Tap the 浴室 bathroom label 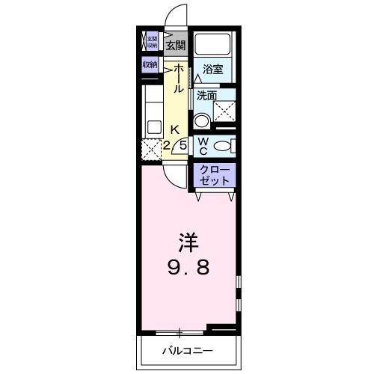212,70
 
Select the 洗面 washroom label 206,95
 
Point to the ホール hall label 180,79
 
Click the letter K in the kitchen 174,128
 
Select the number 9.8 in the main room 188,266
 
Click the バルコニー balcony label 187,349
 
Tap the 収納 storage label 151,65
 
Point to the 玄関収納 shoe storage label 152,41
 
